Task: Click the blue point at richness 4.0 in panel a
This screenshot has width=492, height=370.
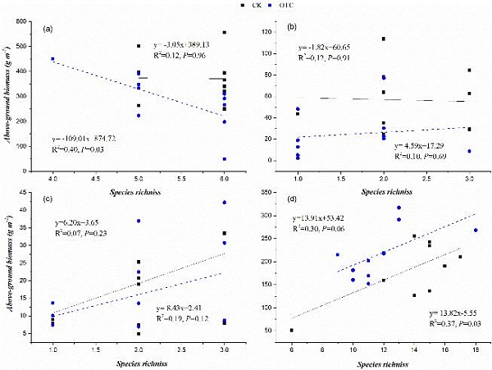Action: click(x=52, y=59)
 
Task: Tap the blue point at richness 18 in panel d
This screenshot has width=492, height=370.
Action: click(x=476, y=231)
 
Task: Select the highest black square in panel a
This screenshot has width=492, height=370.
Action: click(x=225, y=33)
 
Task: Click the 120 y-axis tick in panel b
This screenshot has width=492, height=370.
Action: click(x=276, y=30)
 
